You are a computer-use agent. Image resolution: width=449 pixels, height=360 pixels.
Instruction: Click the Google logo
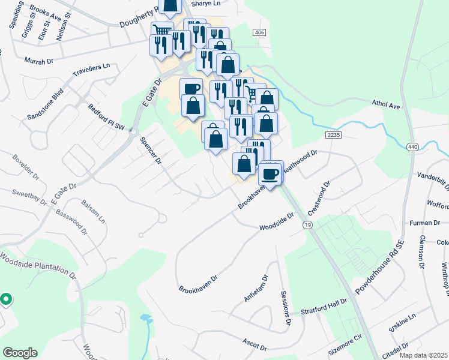tap(20, 353)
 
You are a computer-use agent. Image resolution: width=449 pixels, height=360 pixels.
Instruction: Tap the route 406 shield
tap(259, 32)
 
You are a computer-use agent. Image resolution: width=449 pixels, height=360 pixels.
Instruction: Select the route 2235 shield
tap(334, 135)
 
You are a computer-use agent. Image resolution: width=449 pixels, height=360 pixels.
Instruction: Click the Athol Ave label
tap(386, 106)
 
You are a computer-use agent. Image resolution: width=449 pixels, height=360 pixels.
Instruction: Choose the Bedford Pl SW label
tap(106, 118)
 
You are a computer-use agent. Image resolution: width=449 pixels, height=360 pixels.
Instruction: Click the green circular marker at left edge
tap(5, 298)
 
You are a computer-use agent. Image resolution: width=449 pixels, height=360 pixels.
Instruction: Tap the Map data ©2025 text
tap(423, 355)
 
